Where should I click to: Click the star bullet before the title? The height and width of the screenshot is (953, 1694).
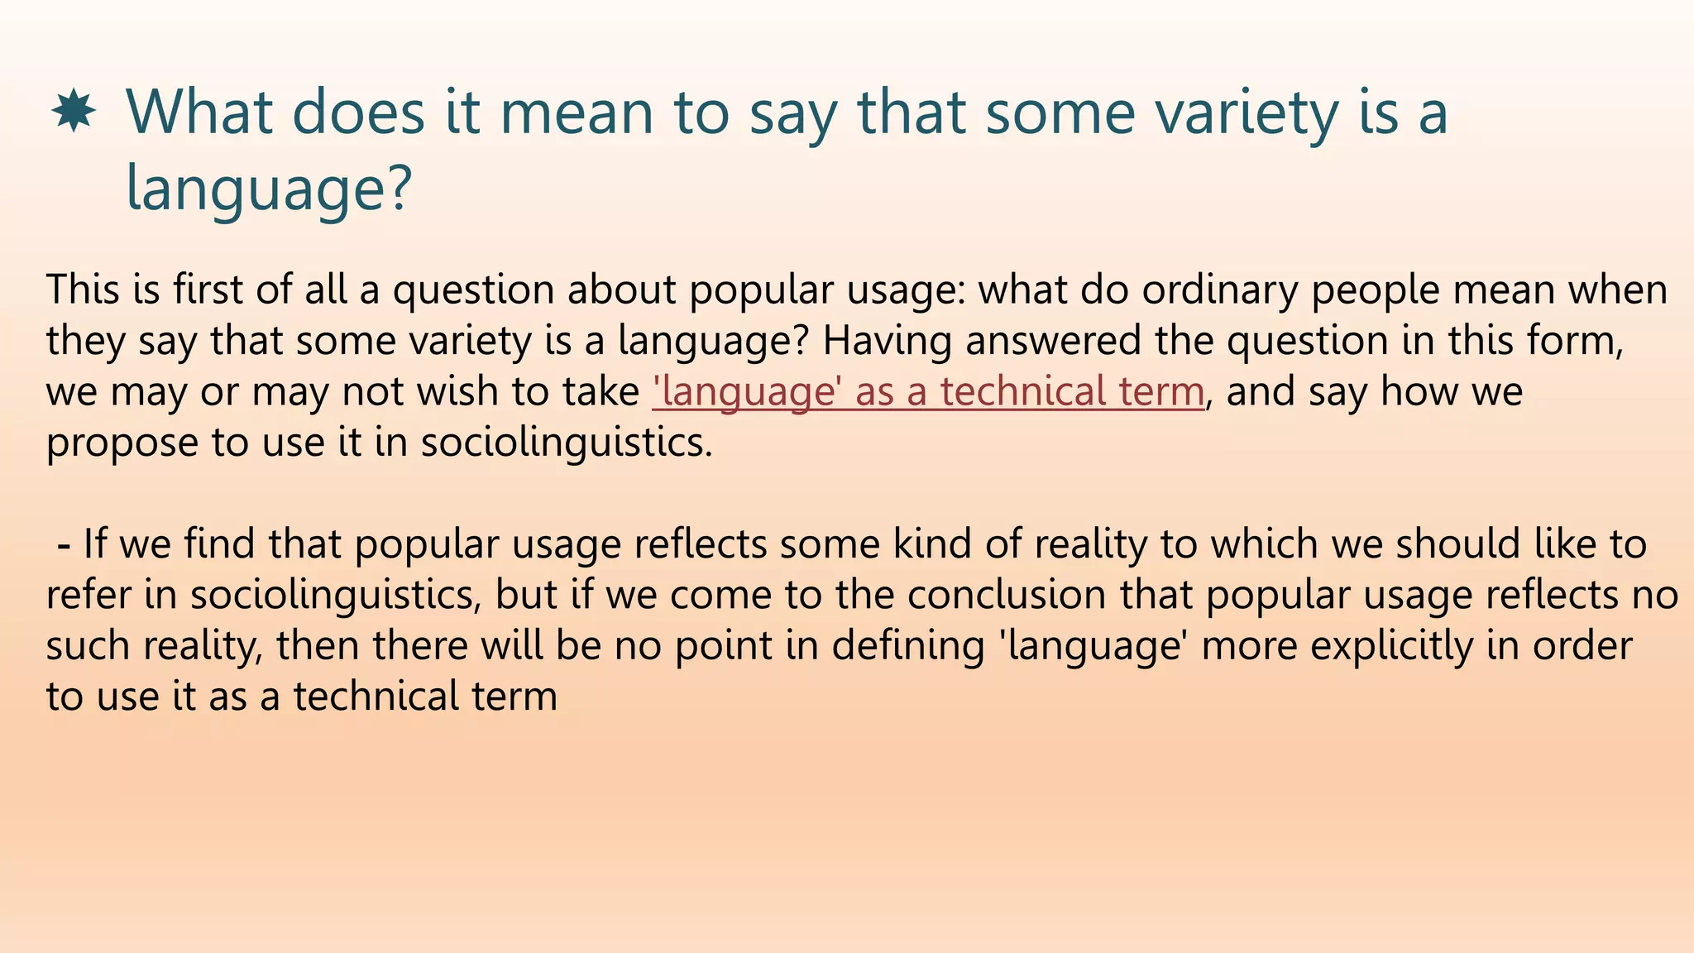[x=74, y=113]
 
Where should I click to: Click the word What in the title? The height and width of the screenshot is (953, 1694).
[x=199, y=113]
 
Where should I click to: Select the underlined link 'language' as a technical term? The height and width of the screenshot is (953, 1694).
[x=928, y=391]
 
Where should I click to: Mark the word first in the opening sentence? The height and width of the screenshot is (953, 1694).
[x=208, y=290]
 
